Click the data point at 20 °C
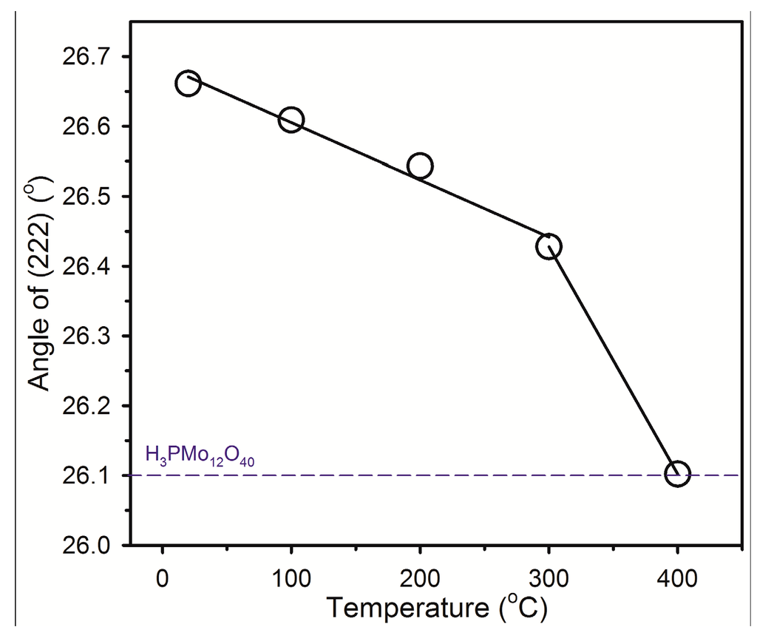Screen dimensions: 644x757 click(x=188, y=84)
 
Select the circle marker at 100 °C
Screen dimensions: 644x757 click(x=291, y=120)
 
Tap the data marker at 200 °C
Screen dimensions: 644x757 click(x=420, y=166)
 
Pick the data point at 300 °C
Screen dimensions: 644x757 click(x=549, y=246)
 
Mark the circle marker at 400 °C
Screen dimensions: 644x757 click(x=677, y=474)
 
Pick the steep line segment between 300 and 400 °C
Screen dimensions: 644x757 click(x=613, y=360)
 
